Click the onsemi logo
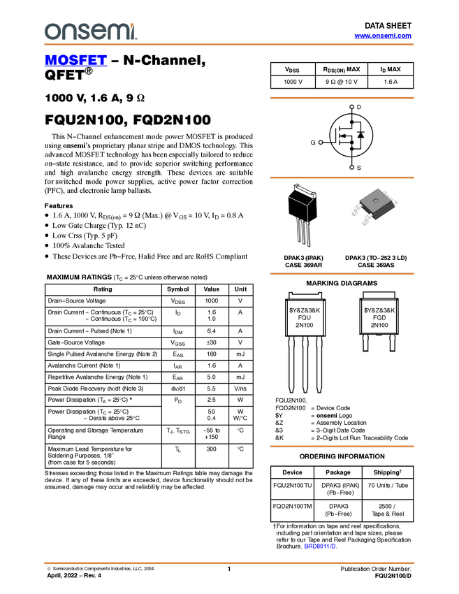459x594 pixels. click(90, 31)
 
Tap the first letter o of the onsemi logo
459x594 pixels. click(50, 32)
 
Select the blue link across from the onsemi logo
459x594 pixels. click(383, 36)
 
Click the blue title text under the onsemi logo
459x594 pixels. click(75, 61)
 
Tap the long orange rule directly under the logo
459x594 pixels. click(228, 45)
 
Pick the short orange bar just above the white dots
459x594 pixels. click(342, 98)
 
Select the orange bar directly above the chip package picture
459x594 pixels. click(342, 178)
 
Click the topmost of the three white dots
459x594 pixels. click(351, 107)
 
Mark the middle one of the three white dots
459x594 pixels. click(320, 142)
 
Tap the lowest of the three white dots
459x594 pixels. click(351, 167)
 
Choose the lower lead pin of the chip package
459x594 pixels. click(366, 222)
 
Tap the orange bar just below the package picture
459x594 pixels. click(342, 274)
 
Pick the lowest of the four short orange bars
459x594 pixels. click(342, 447)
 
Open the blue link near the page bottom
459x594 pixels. click(320, 546)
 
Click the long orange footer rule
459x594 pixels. click(228, 563)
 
